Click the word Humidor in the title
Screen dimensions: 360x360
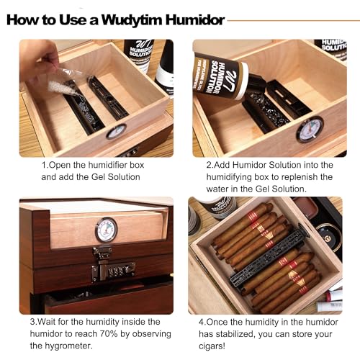point(195,20)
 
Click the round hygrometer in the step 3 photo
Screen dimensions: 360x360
point(106,230)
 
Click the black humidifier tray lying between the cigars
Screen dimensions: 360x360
point(266,256)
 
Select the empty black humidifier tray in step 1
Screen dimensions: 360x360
point(108,98)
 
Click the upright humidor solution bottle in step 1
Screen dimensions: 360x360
point(139,56)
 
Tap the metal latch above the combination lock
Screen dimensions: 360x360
point(103,253)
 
